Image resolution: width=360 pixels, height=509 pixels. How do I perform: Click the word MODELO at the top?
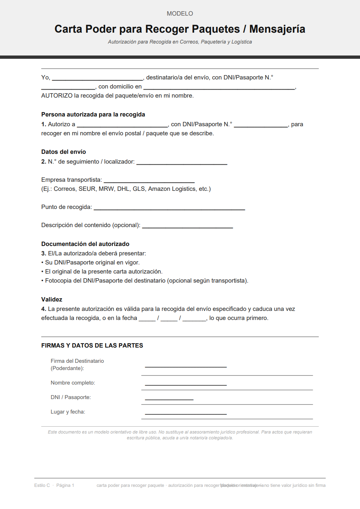[180, 13]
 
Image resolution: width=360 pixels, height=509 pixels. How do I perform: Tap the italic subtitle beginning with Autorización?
[180, 42]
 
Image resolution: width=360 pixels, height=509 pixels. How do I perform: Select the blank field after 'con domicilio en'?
[219, 87]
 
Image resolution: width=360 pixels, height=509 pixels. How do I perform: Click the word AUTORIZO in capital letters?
[57, 96]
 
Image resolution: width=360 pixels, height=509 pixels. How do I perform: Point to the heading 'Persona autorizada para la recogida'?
[93, 115]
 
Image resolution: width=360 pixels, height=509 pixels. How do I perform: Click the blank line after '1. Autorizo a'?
[122, 125]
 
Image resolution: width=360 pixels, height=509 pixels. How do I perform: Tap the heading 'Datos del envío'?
[64, 152]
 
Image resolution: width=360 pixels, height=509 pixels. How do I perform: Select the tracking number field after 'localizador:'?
[181, 163]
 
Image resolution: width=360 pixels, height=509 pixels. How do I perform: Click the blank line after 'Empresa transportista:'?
[149, 181]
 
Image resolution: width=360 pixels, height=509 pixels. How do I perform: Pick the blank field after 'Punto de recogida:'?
[169, 208]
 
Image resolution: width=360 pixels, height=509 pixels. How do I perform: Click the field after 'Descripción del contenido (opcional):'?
[187, 226]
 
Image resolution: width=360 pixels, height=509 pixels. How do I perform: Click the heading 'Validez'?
[52, 300]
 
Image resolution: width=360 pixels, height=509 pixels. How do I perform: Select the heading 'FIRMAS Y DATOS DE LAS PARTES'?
[92, 346]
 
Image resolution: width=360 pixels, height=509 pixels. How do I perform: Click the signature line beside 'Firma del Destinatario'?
[185, 366]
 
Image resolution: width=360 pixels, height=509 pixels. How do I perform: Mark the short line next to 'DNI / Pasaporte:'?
[169, 398]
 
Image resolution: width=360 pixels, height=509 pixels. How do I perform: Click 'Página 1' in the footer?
[65, 485]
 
